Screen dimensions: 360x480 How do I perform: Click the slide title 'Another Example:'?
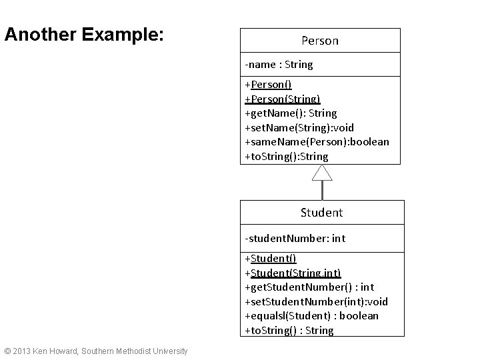tap(83, 35)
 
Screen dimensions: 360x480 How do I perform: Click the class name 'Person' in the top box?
tap(320, 41)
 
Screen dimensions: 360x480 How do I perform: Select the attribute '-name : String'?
tap(279, 65)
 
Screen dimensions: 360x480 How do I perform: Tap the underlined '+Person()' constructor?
tap(268, 85)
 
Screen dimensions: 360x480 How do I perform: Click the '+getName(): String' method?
tap(291, 113)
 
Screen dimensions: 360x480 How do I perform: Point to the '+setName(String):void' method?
tap(299, 127)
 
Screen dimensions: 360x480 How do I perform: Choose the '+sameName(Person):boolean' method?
tap(317, 142)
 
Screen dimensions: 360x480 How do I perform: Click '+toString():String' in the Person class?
tap(287, 157)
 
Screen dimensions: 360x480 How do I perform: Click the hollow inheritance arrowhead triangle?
tap(322, 173)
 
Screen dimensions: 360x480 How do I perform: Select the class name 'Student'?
tap(321, 213)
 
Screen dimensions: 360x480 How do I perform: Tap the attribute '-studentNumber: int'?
tap(295, 238)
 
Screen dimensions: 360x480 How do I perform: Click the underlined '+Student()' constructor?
tap(271, 259)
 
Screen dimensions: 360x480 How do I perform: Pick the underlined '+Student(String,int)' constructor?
tap(293, 273)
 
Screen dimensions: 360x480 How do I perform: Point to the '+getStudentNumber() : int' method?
tap(309, 287)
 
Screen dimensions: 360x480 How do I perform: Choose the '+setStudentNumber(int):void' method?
tap(316, 301)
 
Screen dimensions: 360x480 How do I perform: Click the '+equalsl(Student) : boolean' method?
tap(311, 316)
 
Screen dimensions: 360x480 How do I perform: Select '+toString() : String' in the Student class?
tap(289, 331)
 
